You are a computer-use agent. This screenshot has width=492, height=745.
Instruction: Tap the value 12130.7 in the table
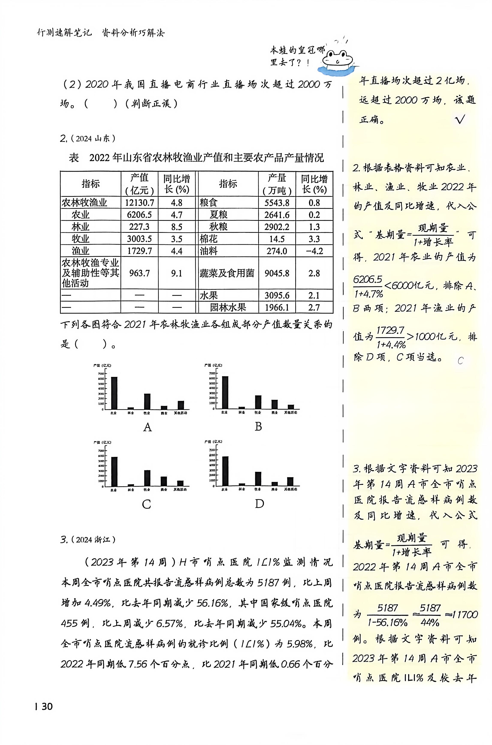[x=139, y=203]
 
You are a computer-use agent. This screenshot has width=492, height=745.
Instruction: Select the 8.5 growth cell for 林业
[x=177, y=227]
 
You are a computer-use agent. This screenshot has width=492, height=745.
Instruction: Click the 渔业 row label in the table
[x=81, y=251]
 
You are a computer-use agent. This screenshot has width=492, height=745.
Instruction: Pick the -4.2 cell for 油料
[x=314, y=251]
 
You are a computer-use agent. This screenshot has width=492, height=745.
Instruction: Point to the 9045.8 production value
[x=277, y=273]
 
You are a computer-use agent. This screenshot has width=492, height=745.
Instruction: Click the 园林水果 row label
[x=228, y=307]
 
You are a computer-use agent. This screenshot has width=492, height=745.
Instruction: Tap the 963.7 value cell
[x=139, y=273]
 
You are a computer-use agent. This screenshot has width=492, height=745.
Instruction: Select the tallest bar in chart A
[x=114, y=393]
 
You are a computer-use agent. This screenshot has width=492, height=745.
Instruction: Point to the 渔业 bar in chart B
[x=275, y=404]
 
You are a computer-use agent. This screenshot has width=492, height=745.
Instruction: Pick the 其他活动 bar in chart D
[x=290, y=482]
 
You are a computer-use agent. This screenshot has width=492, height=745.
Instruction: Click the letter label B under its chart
[x=258, y=427]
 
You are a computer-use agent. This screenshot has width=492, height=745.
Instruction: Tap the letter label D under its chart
[x=259, y=504]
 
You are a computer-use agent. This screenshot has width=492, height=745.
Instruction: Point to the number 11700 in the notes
[x=464, y=614]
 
